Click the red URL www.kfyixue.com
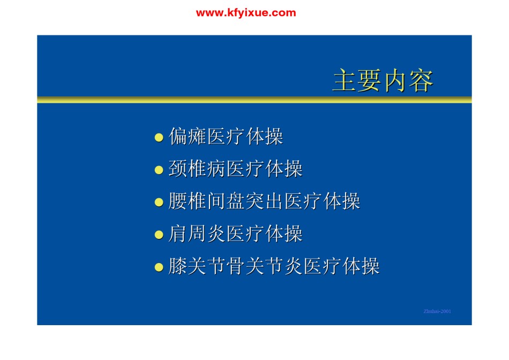point(246,13)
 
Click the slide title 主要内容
point(383,80)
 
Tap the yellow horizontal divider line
point(254,100)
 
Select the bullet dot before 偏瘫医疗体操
point(159,137)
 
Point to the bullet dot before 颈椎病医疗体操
point(159,170)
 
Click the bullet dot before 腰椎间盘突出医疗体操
point(159,202)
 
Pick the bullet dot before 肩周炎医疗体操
point(159,235)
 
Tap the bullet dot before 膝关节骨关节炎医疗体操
point(159,267)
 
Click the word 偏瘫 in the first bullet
point(188,136)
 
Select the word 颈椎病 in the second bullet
point(197,169)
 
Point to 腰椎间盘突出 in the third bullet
point(226,201)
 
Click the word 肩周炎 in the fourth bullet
point(197,234)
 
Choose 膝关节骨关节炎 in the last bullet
point(236,266)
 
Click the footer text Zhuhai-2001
point(437,311)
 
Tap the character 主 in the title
point(345,80)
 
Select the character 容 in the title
point(421,80)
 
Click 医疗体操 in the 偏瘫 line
point(245,136)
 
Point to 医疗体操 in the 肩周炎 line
point(265,234)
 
